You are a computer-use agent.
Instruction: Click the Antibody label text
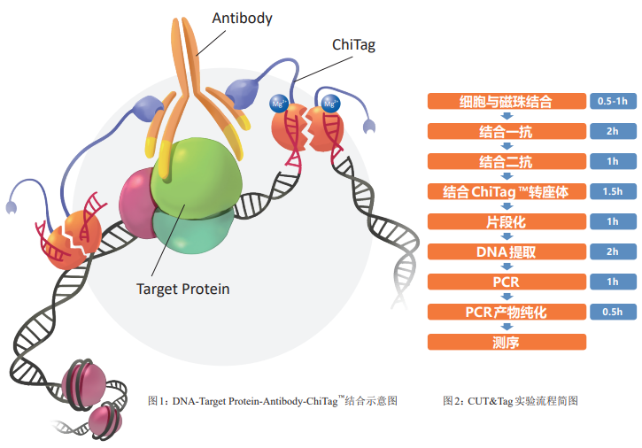(x=242, y=19)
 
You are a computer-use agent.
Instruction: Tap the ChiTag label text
(x=353, y=45)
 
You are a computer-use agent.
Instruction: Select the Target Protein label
(x=183, y=290)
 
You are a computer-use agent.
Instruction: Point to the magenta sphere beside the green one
(x=135, y=203)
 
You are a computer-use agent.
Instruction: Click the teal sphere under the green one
(x=192, y=231)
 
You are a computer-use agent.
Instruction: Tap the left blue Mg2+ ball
(x=279, y=104)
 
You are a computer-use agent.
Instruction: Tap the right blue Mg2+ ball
(x=330, y=104)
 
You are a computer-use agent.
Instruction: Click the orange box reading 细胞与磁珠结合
(x=507, y=101)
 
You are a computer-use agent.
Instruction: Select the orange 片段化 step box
(x=507, y=221)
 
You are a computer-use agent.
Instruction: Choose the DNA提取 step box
(x=507, y=251)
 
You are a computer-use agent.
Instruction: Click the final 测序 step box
(x=507, y=342)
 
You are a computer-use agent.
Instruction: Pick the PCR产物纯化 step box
(x=507, y=312)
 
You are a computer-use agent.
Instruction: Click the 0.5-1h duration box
(x=613, y=101)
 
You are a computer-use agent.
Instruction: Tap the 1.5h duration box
(x=613, y=191)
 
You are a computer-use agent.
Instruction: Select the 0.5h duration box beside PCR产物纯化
(x=613, y=312)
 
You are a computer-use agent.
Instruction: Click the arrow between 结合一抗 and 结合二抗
(x=507, y=146)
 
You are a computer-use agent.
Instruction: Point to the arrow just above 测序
(x=507, y=327)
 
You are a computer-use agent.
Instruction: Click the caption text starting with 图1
(x=273, y=400)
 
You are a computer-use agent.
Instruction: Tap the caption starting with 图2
(x=510, y=400)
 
